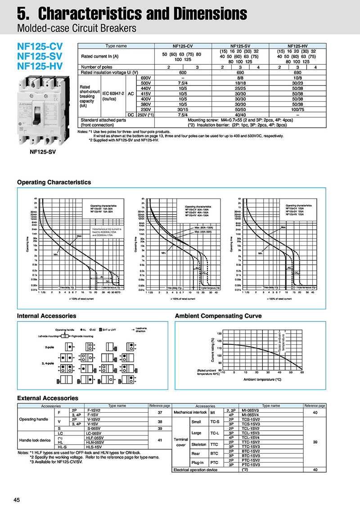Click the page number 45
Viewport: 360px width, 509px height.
coord(17,500)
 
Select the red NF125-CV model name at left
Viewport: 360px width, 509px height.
coord(40,46)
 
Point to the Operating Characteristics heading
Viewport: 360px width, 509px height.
coord(54,182)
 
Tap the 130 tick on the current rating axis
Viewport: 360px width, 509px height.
coord(219,334)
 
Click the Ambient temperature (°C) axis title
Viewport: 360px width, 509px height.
coord(262,380)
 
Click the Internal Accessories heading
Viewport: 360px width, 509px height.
coord(46,316)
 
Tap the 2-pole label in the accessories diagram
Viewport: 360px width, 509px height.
coord(49,348)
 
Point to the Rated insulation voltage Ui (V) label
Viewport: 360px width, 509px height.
coord(109,72)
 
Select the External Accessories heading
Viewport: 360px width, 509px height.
coord(47,398)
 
